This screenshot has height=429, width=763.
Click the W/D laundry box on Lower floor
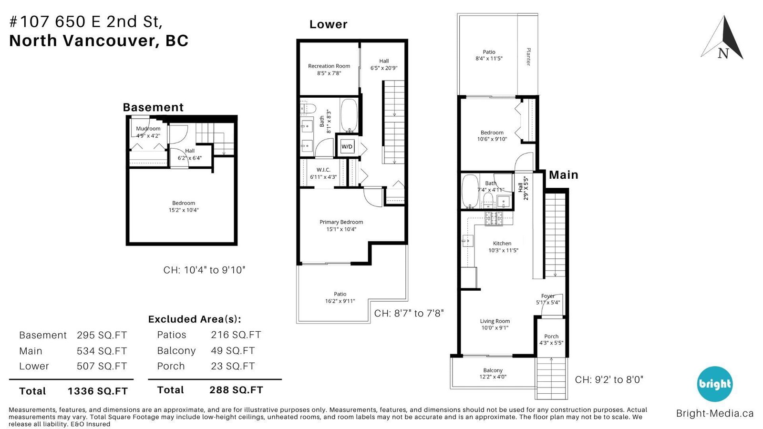347,146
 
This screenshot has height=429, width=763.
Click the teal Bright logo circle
715,384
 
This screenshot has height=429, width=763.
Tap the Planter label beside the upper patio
528,57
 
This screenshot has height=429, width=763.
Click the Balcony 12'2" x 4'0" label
493,374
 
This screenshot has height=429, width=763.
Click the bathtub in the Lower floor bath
349,115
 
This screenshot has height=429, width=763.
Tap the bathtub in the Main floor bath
470,191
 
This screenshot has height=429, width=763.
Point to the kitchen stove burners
494,218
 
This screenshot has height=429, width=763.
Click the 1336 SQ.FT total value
98,391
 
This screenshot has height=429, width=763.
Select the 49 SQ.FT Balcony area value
233,350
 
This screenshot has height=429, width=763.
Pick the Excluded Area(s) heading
195,319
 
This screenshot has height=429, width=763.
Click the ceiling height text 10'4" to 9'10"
215,270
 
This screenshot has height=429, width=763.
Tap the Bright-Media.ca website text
715,413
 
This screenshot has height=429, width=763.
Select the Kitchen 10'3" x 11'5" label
503,247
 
